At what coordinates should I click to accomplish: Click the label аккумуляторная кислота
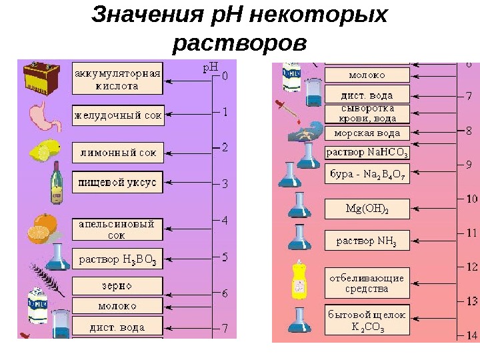[117, 79]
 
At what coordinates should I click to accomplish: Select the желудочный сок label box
[118, 115]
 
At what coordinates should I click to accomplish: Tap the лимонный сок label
[118, 153]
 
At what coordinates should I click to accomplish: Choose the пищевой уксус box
[117, 181]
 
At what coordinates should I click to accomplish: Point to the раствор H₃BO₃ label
[117, 259]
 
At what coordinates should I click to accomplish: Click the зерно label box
[117, 286]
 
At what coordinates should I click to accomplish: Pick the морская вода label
[367, 132]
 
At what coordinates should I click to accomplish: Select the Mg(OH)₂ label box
[367, 209]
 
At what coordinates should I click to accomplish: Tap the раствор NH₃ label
[367, 241]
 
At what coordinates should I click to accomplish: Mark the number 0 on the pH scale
[225, 76]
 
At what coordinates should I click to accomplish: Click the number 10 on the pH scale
[471, 199]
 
